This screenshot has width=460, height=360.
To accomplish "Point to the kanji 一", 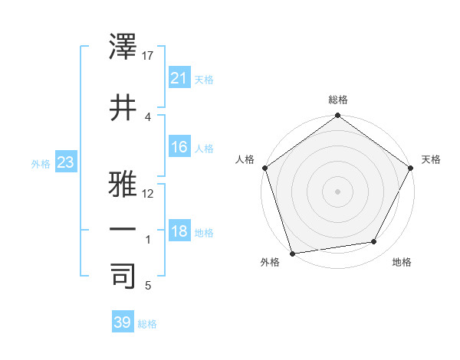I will pyautogui.click(x=123, y=228).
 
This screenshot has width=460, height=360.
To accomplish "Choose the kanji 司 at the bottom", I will pyautogui.click(x=123, y=274).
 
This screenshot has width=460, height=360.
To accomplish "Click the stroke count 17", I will pyautogui.click(x=149, y=56).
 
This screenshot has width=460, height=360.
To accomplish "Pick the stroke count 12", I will pyautogui.click(x=149, y=193).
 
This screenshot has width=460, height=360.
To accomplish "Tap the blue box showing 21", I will pyautogui.click(x=179, y=78).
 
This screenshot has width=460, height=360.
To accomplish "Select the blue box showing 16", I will pyautogui.click(x=179, y=147).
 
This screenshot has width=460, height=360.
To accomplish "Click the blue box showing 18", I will pyautogui.click(x=179, y=232).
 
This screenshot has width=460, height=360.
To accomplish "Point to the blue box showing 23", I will pyautogui.click(x=66, y=162).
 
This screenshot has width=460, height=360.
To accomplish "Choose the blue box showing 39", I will pyautogui.click(x=123, y=322).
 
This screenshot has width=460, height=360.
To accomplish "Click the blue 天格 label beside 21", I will pyautogui.click(x=203, y=79).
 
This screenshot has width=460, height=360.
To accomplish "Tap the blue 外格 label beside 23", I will pyautogui.click(x=41, y=163).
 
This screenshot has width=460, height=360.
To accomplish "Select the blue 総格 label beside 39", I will pyautogui.click(x=147, y=323).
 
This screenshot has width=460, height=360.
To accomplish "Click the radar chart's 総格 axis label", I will pyautogui.click(x=337, y=100).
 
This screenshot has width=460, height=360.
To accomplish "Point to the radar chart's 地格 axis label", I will pyautogui.click(x=402, y=262).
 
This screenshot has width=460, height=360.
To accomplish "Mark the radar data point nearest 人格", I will pyautogui.click(x=264, y=168).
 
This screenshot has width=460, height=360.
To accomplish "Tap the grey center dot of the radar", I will pyautogui.click(x=337, y=191).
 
